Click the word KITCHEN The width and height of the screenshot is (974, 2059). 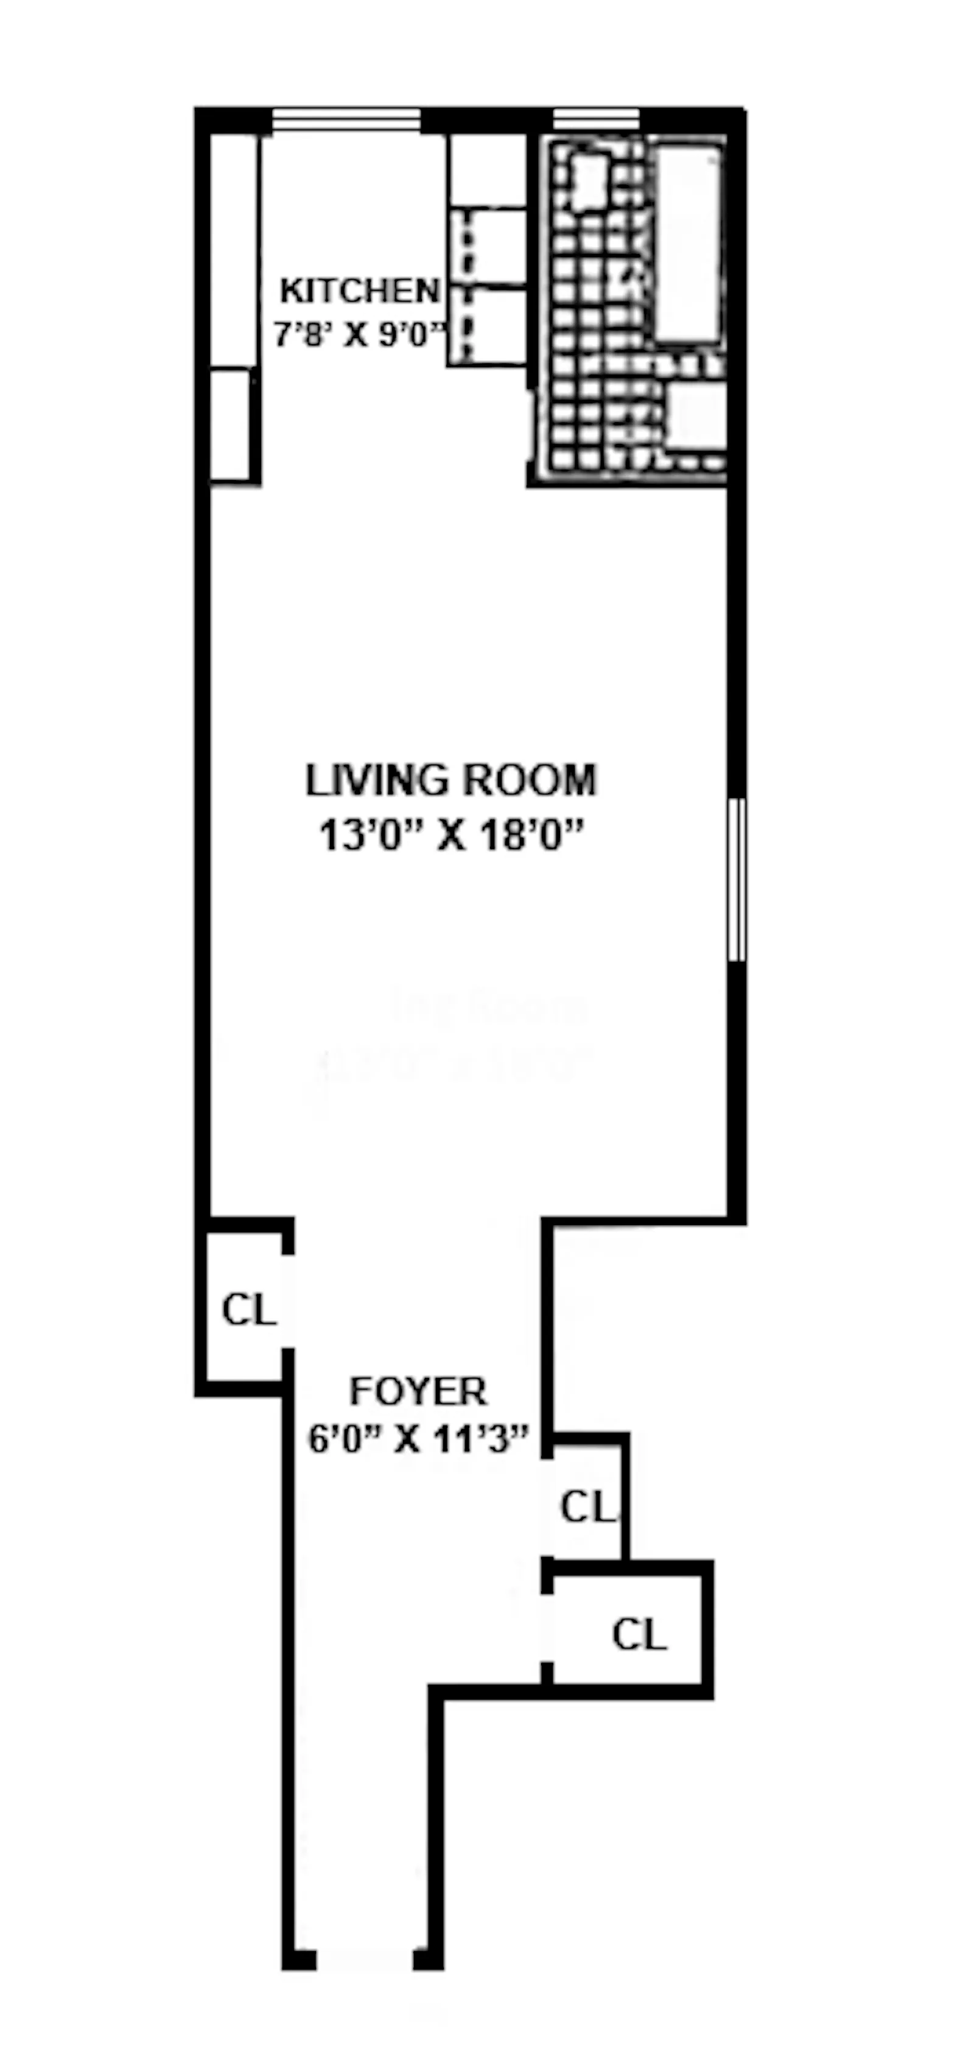click(x=360, y=291)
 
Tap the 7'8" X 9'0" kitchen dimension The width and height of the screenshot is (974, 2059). click(x=360, y=334)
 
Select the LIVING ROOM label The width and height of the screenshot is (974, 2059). click(x=450, y=780)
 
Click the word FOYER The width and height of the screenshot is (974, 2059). click(x=418, y=1391)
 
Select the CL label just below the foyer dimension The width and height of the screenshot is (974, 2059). click(x=588, y=1506)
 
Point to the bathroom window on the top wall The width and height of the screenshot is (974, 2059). click(x=596, y=120)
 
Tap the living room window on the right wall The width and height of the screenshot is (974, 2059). click(x=737, y=879)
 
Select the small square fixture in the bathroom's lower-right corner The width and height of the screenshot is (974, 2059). click(x=695, y=415)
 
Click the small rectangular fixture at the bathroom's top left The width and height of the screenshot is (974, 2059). click(x=590, y=182)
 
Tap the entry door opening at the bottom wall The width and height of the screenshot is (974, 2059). click(x=365, y=1960)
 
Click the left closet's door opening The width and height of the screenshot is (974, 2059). click(x=288, y=1301)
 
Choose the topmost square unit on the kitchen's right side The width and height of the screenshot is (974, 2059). click(x=486, y=170)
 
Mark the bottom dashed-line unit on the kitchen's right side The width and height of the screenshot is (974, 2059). click(x=486, y=326)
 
